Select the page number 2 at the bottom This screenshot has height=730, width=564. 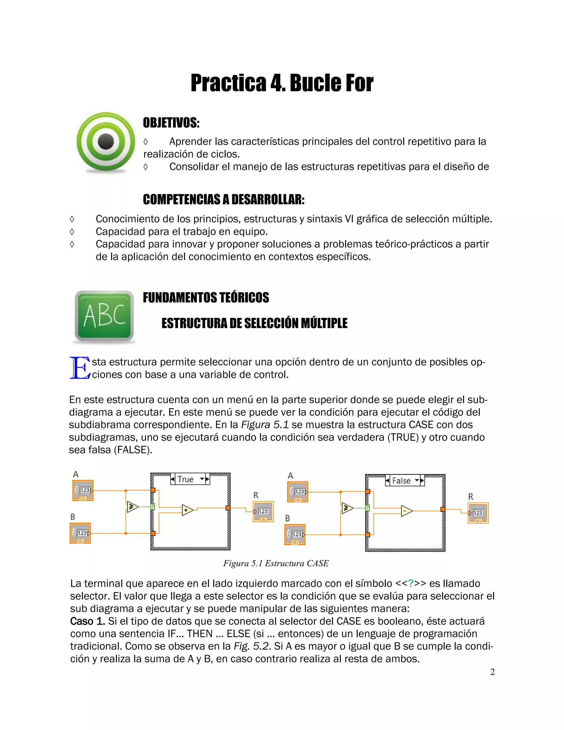[492, 672]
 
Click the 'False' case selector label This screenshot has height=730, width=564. [401, 481]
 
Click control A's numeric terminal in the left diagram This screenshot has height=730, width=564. [83, 491]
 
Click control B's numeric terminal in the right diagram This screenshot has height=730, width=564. [295, 534]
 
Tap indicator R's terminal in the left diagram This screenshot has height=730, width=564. [263, 511]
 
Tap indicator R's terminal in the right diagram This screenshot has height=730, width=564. [478, 513]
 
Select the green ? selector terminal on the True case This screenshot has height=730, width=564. [153, 507]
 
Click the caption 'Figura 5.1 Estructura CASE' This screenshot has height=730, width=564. [276, 564]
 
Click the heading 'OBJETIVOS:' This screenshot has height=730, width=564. [171, 123]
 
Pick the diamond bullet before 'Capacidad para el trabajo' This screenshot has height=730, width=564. [72, 232]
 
